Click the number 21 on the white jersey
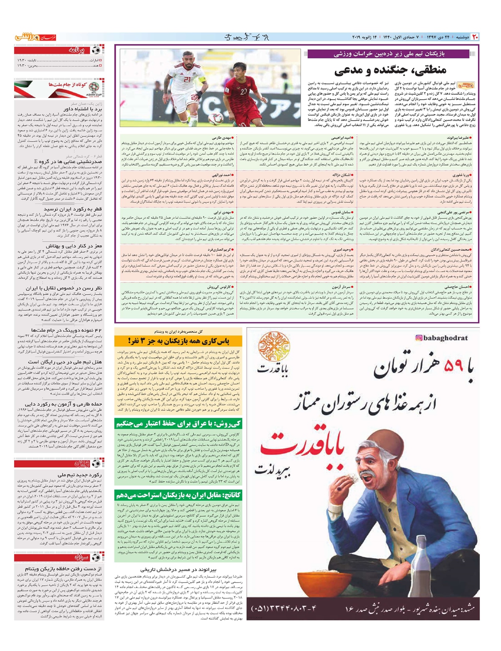pyautogui.click(x=187, y=80)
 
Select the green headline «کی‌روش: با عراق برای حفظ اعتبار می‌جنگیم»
pyautogui.click(x=179, y=424)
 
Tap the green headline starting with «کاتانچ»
pyautogui.click(x=179, y=495)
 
